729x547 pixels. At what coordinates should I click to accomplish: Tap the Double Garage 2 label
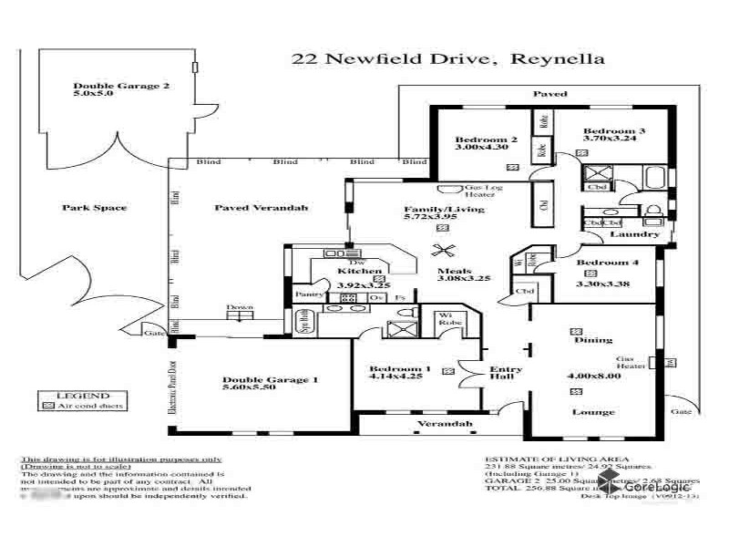(x=108, y=88)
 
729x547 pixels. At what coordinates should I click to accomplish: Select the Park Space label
(x=94, y=208)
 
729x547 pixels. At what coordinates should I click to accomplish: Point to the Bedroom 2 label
(x=486, y=139)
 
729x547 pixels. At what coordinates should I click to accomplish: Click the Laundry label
(x=634, y=234)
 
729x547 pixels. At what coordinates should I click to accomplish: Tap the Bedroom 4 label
(x=607, y=263)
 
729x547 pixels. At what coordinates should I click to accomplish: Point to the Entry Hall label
(x=507, y=375)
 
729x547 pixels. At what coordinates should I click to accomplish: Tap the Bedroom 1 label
(x=394, y=369)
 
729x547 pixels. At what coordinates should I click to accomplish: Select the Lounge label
(x=592, y=412)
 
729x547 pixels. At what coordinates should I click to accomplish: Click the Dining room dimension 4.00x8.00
(x=593, y=376)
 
